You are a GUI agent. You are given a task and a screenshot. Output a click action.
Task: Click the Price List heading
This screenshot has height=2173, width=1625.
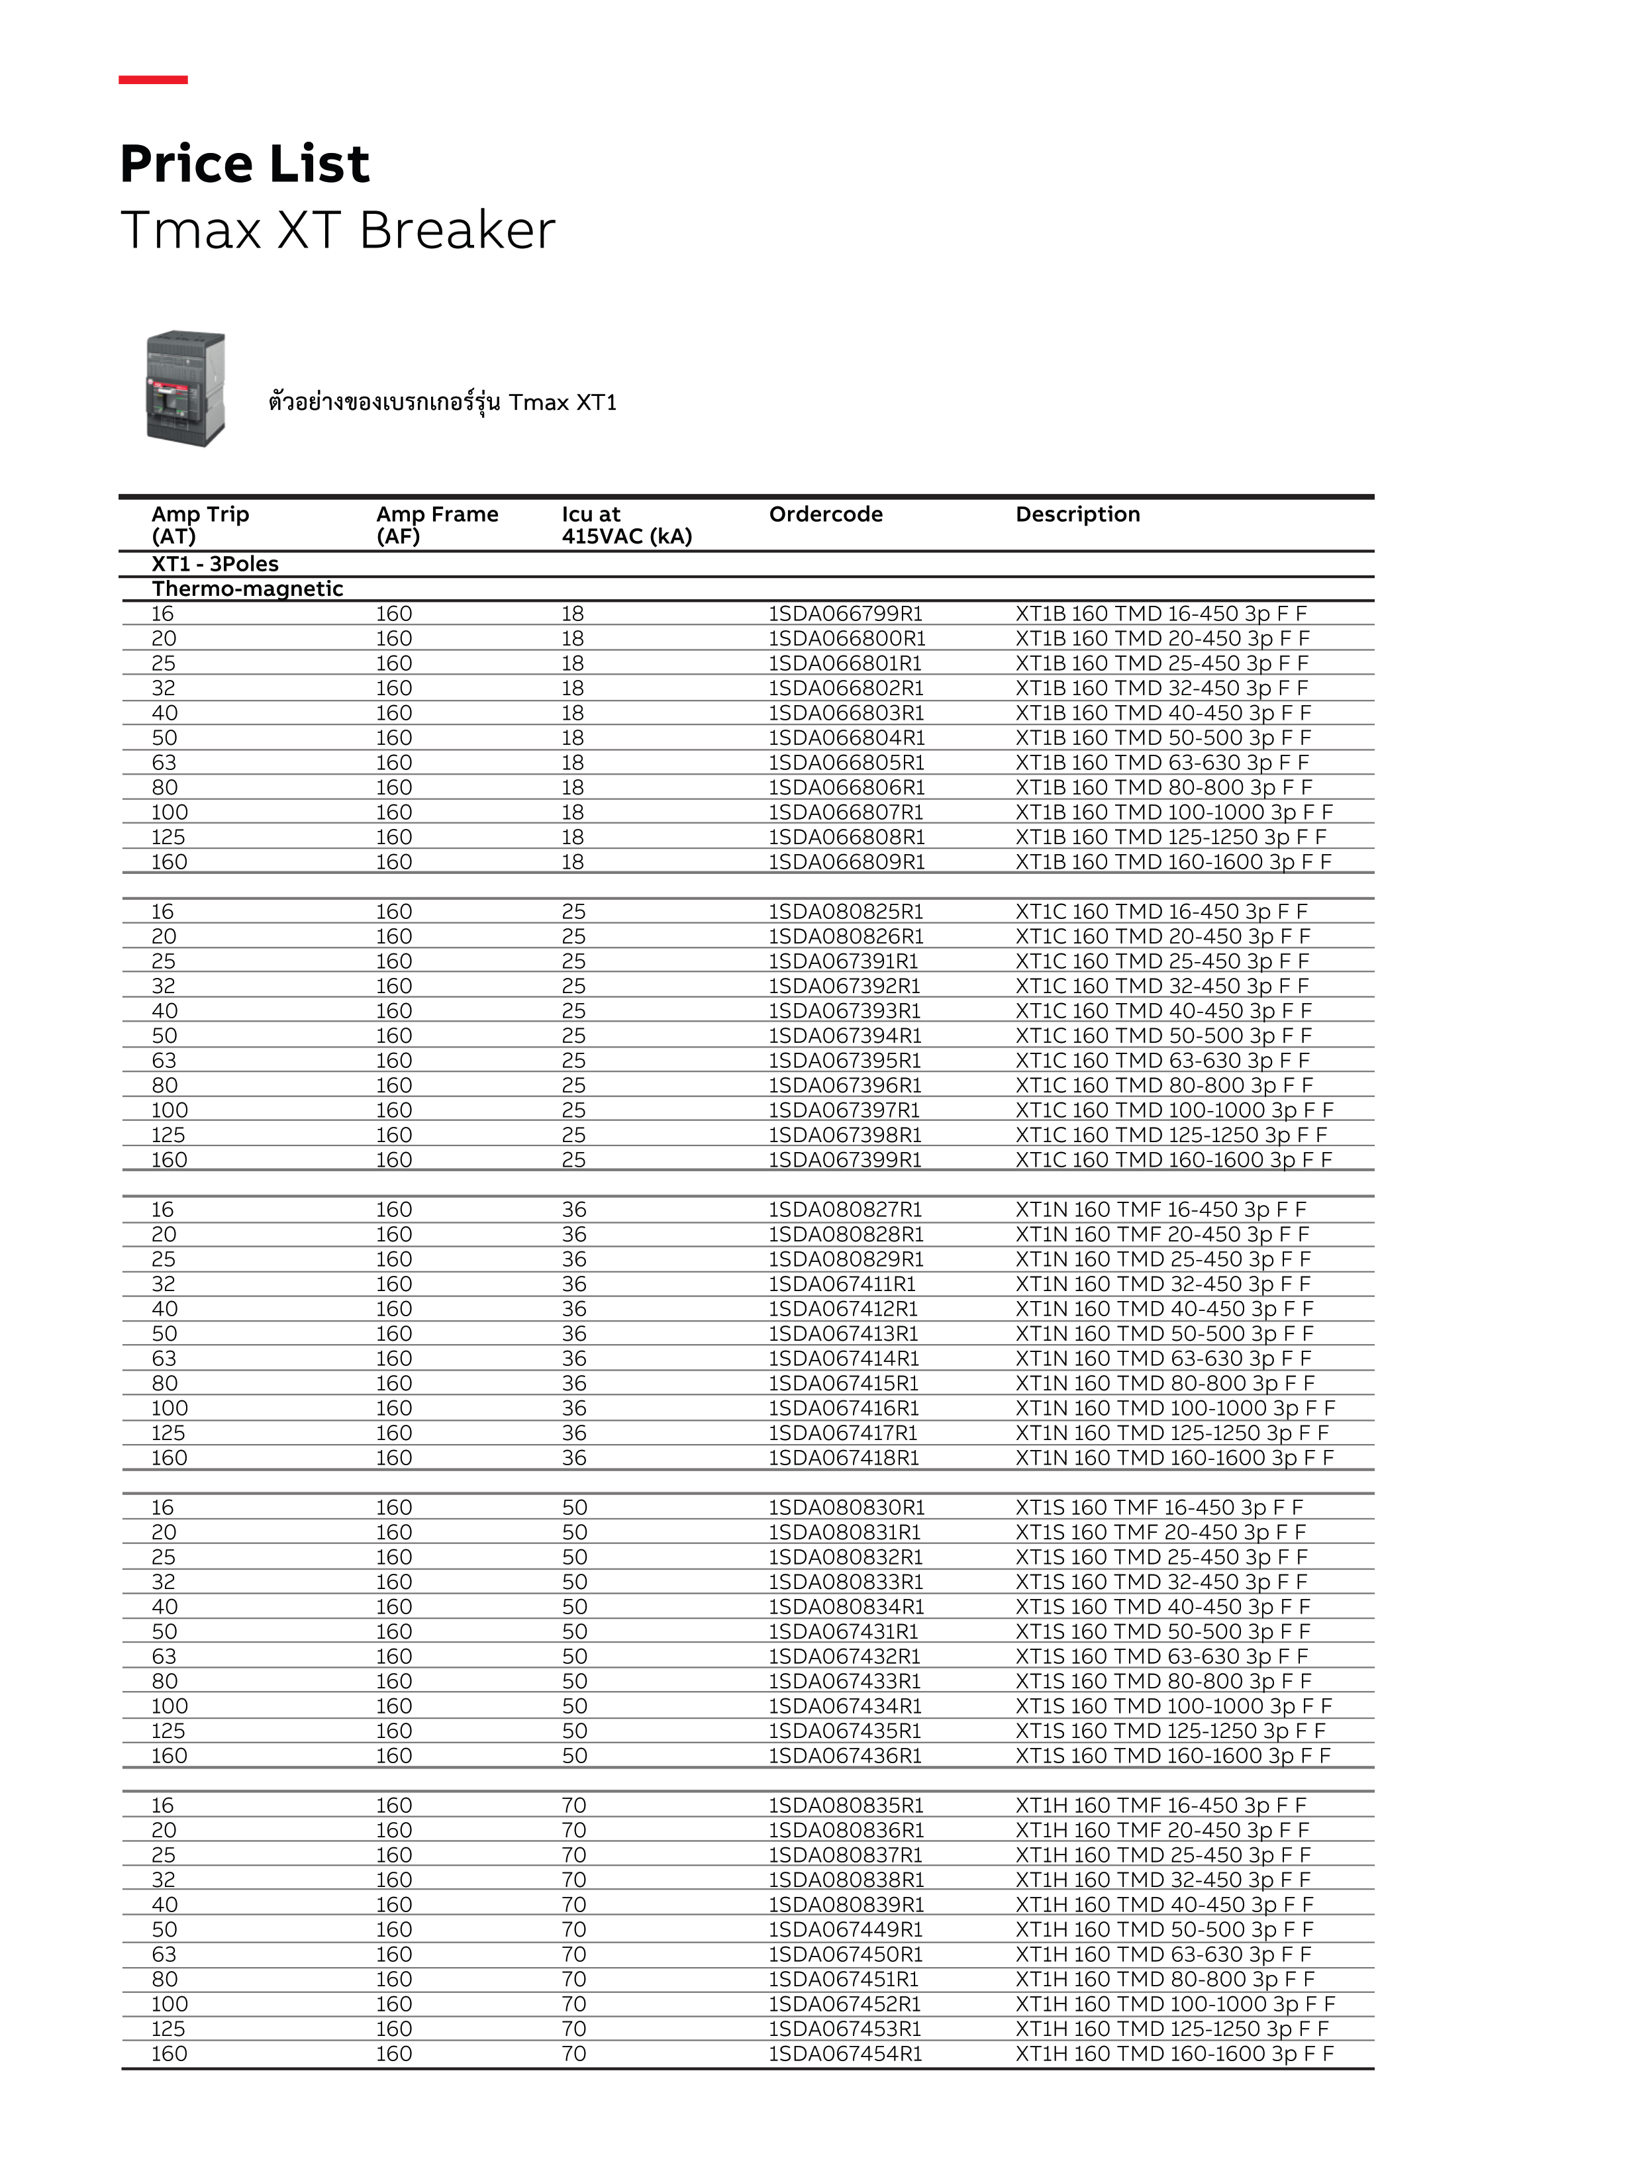pos(244,164)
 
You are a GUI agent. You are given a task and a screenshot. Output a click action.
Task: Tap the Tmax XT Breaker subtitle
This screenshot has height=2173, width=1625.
pos(337,231)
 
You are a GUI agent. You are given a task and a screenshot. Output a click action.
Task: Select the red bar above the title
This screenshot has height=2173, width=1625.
pos(152,79)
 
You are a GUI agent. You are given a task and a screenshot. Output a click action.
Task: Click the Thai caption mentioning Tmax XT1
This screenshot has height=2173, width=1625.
pos(442,402)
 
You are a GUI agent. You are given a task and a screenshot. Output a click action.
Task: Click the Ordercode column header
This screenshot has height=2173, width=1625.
pos(824,514)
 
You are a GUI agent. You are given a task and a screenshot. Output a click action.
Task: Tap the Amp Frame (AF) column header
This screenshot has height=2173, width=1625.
pos(436,524)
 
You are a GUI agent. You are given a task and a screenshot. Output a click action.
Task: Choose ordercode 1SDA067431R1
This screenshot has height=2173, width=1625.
pos(842,1631)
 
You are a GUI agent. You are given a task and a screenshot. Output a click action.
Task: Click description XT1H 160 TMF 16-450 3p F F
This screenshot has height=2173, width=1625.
pos(1159,1805)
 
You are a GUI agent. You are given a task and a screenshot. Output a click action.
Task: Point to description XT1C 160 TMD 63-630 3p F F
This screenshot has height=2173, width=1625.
pos(1161,1060)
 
